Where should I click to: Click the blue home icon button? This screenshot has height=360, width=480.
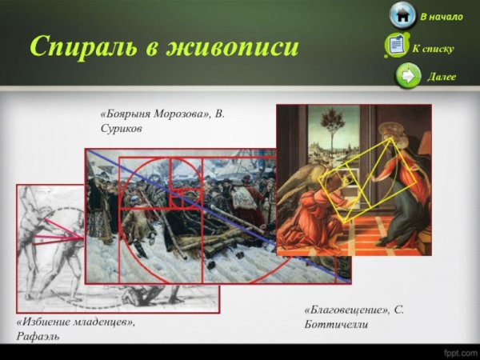point(402,15)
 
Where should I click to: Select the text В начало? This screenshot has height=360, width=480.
point(441,17)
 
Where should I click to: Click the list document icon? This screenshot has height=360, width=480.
point(397,46)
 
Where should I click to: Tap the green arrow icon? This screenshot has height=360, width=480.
point(408,76)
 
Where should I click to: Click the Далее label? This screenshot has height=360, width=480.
point(442,78)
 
